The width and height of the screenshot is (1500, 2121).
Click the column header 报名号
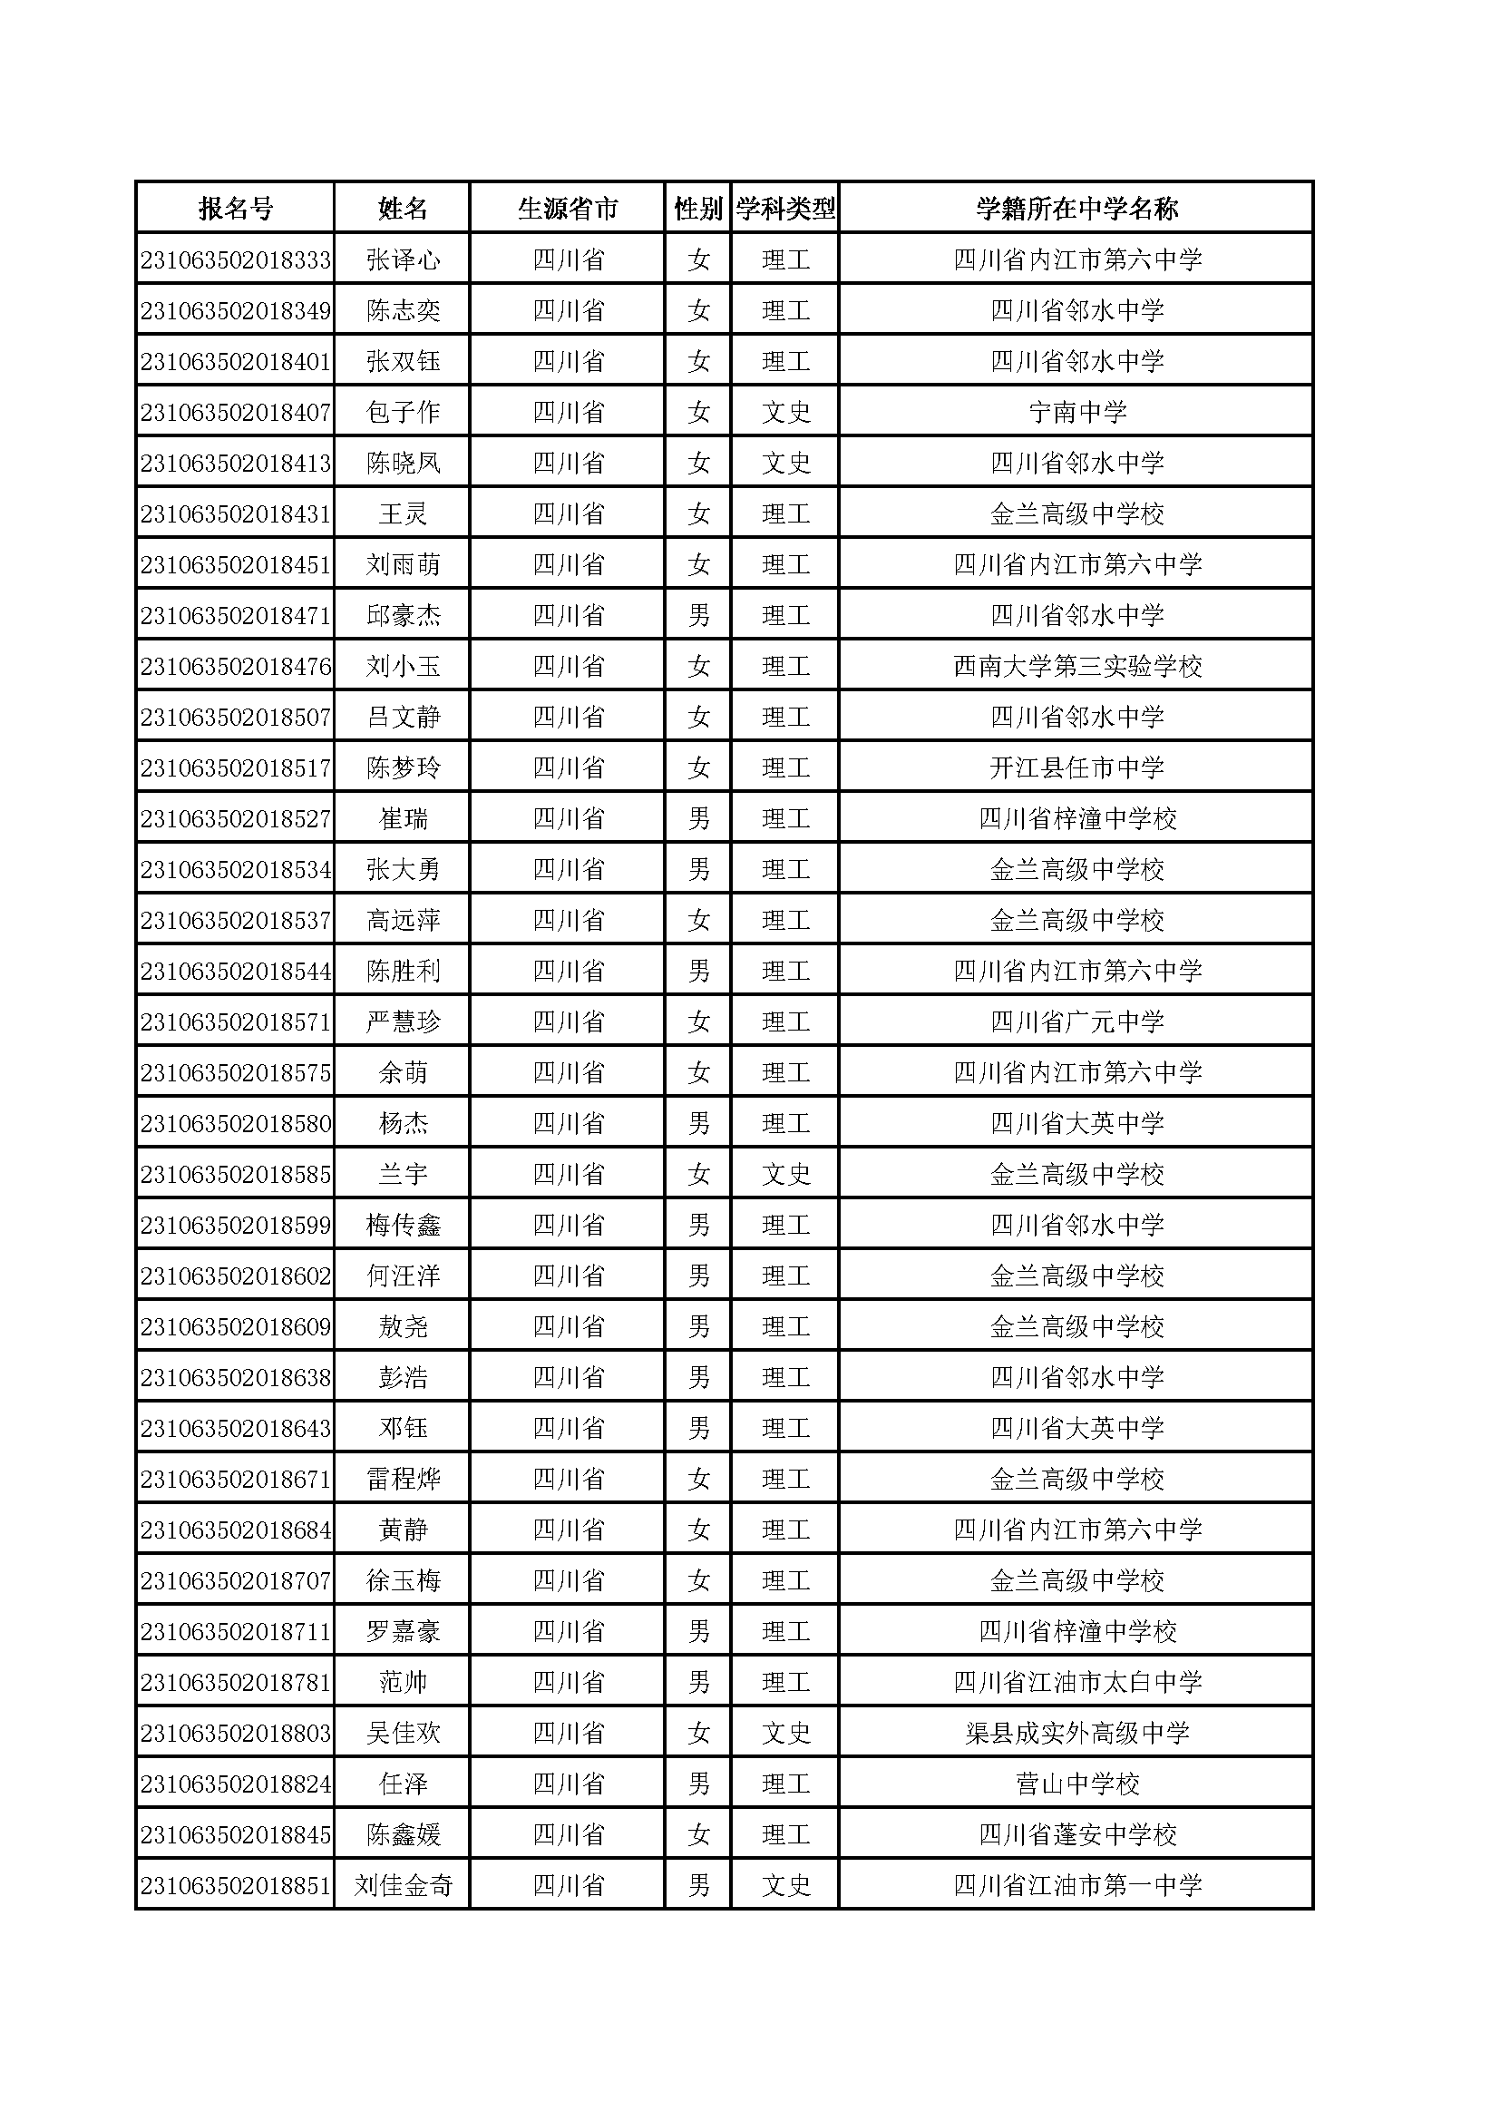[236, 209]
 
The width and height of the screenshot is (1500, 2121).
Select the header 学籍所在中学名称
[1077, 209]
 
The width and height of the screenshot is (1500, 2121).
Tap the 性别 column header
[698, 209]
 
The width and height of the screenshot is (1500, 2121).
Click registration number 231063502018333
[236, 260]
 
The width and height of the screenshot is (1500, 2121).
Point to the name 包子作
[403, 413]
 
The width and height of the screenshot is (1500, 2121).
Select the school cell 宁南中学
[1077, 413]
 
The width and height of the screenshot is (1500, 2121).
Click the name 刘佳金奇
[403, 1886]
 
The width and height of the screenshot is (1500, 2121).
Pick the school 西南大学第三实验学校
[1077, 667]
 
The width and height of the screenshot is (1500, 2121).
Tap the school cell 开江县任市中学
[1077, 768]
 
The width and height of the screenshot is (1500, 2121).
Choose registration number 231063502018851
[236, 1886]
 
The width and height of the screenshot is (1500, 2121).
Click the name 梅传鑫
[403, 1226]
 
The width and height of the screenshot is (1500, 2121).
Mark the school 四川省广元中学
[1077, 1022]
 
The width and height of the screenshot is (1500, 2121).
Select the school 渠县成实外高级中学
[1077, 1734]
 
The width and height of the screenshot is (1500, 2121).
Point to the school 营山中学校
[1077, 1784]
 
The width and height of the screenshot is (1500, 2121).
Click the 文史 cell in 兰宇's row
[786, 1175]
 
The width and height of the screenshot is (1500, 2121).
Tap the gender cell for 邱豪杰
[698, 616]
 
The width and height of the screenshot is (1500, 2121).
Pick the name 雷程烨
[403, 1480]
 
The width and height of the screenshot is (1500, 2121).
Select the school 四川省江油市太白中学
[1077, 1683]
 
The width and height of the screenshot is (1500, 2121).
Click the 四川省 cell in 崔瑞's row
[568, 819]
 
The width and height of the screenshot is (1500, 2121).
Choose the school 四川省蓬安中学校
[1077, 1835]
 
